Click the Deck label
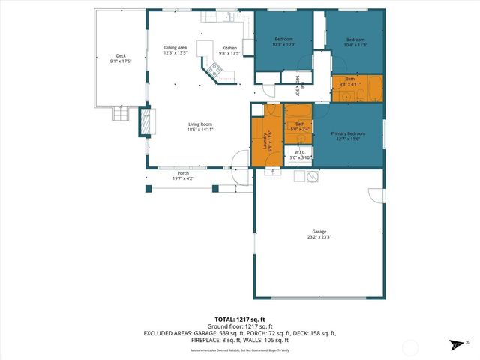pos(121,56)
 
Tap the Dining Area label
pos(175,48)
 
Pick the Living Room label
pos(200,124)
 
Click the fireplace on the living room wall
pos(144,122)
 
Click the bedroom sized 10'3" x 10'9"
pos(283,42)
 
